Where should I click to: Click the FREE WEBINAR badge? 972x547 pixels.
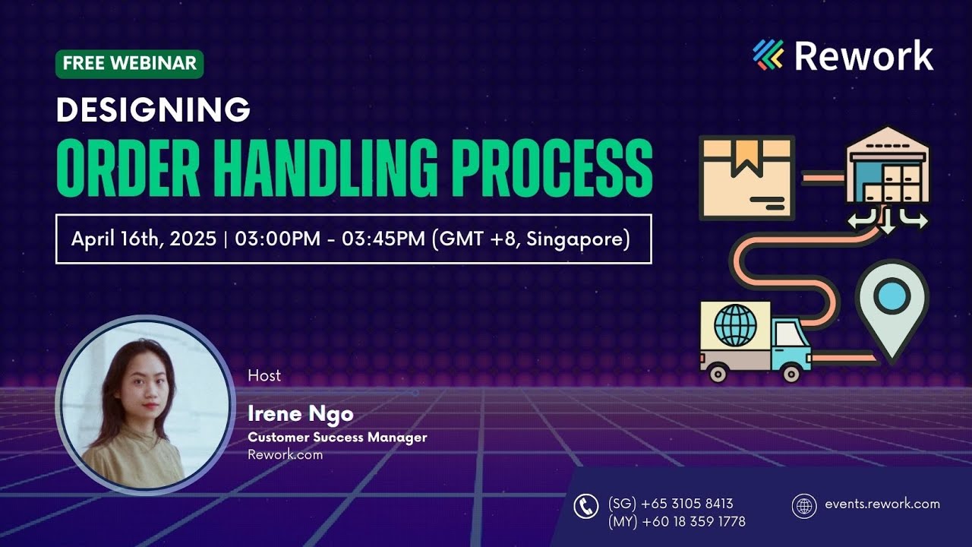(129, 64)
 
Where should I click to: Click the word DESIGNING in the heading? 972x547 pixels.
(153, 110)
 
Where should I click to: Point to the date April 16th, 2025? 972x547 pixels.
(144, 239)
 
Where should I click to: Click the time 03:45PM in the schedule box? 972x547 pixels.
(384, 239)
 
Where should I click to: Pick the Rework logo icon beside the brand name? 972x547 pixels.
(768, 55)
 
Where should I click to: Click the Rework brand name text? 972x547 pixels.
(864, 55)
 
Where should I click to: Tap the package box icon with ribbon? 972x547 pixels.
(747, 178)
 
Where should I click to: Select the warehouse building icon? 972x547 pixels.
(887, 172)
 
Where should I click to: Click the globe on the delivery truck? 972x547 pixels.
(736, 325)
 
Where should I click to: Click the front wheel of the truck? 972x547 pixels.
(791, 373)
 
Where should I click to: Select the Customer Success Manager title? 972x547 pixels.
(337, 438)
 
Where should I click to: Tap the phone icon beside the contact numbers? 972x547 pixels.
(585, 506)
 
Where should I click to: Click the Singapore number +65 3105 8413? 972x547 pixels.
(671, 504)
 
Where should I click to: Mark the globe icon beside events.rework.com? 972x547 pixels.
(803, 505)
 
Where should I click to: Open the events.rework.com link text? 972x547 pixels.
(882, 504)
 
